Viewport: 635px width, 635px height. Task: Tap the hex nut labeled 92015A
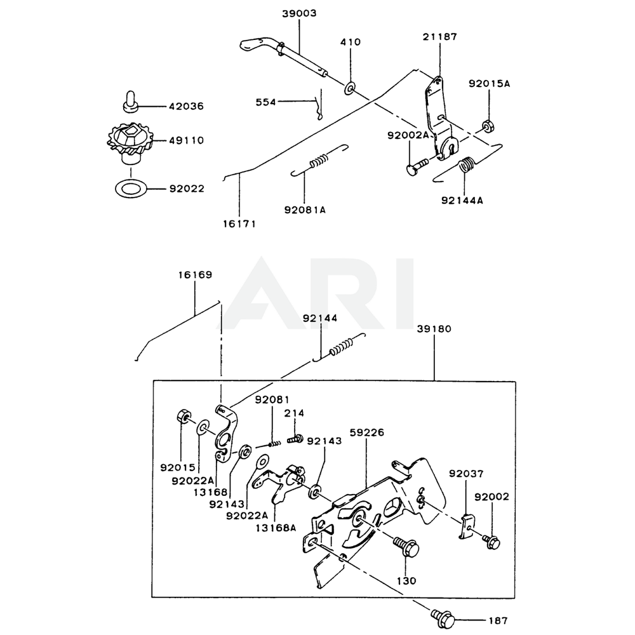point(488,125)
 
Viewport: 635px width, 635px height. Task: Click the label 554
point(267,102)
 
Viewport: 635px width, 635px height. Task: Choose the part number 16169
point(194,275)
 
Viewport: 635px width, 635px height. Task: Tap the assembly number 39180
point(435,330)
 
